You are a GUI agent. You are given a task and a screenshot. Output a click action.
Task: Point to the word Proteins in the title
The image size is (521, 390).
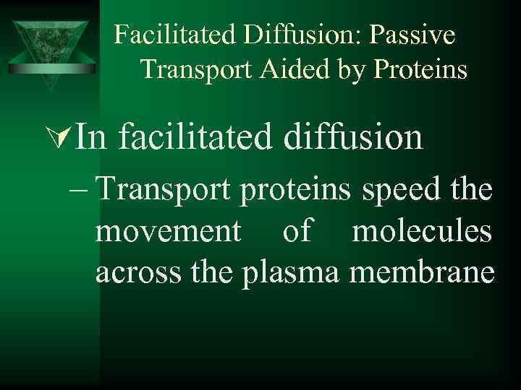[425, 69]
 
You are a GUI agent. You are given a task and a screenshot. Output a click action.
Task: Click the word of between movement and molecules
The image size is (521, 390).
[298, 232]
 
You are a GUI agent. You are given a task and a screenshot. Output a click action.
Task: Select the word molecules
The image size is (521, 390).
[422, 232]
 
